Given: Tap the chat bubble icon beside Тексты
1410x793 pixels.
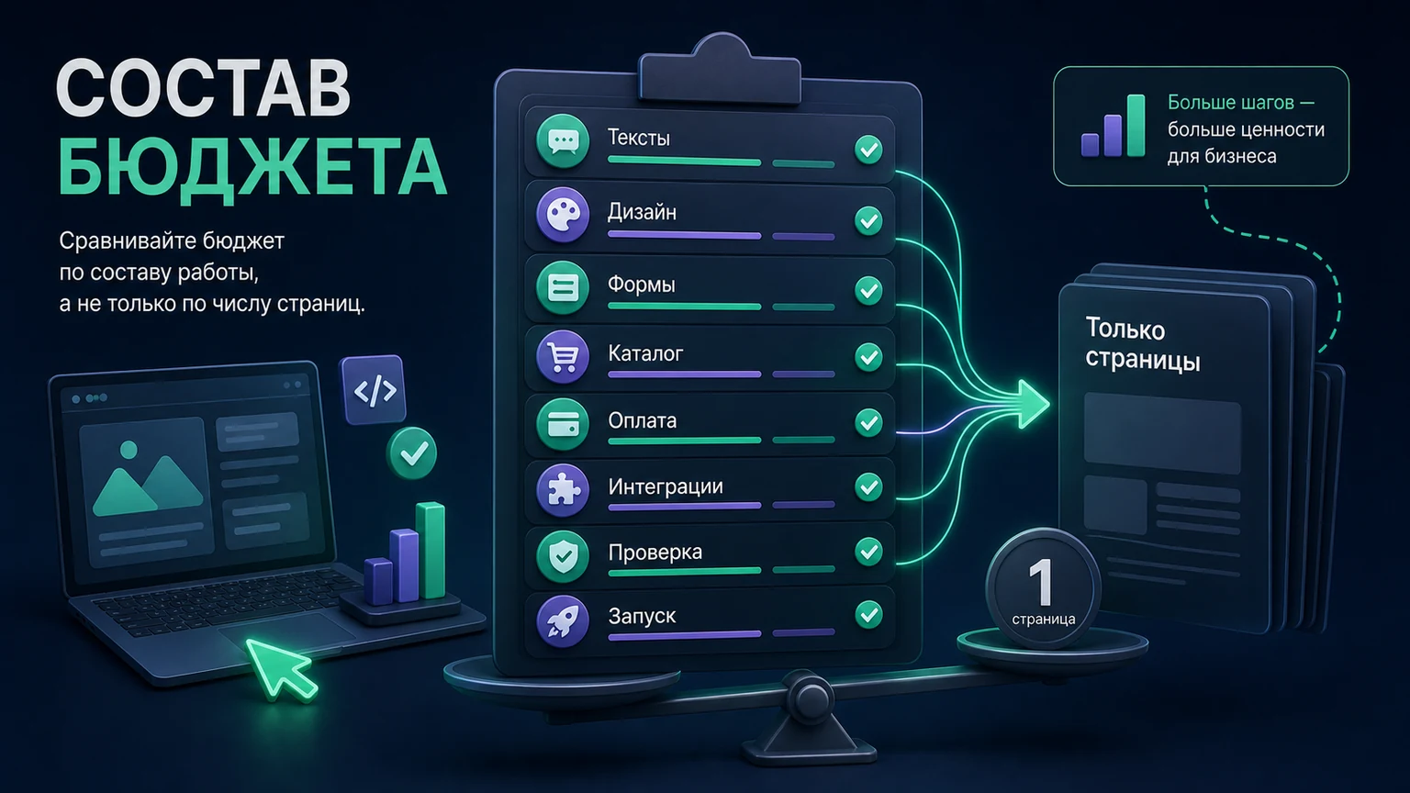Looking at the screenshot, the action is [562, 141].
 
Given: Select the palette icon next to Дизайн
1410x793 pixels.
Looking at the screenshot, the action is [562, 216].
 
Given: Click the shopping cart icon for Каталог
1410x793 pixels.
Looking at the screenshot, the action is [562, 357].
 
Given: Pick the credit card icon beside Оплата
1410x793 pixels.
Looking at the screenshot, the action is [562, 424].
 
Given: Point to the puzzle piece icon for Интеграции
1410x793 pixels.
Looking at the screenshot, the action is [562, 489].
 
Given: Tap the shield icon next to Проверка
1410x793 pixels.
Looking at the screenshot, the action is [562, 555].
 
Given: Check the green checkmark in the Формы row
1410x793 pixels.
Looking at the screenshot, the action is [868, 290].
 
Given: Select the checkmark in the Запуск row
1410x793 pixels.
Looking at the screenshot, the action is [868, 614].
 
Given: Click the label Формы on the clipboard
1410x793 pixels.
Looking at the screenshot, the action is [642, 285].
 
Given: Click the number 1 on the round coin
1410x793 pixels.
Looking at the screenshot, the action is [1042, 582].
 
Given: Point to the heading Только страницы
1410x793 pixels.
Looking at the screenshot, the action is [1143, 344].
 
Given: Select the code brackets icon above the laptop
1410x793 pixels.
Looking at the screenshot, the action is [374, 390].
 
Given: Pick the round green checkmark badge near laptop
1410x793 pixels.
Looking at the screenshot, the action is [413, 453].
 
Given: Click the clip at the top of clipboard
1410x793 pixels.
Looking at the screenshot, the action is [720, 69].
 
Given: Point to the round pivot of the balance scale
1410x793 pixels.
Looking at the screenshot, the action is [811, 697].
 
